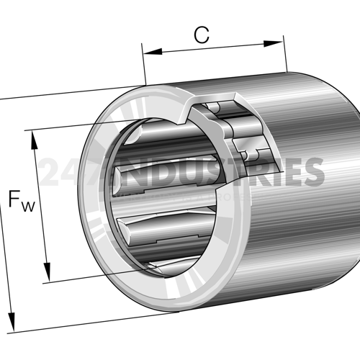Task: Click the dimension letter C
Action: [x=202, y=34]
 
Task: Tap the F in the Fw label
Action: [x=16, y=199]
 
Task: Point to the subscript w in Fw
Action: [x=28, y=207]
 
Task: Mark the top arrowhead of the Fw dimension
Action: [x=32, y=137]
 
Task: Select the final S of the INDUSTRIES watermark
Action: [x=312, y=171]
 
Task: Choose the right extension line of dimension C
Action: [x=284, y=54]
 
